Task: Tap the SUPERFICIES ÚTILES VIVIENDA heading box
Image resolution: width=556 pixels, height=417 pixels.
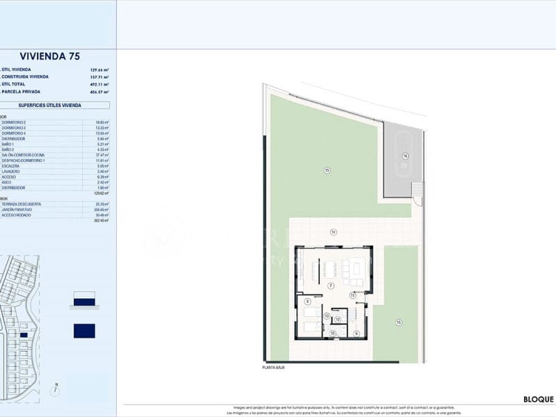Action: point(50,106)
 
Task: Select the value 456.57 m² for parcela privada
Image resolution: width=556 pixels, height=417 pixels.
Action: point(99,92)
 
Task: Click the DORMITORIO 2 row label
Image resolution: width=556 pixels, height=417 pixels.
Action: point(14,122)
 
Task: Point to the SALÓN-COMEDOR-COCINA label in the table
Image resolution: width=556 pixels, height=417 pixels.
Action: point(24,155)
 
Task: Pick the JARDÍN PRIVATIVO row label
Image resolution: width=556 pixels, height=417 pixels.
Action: point(17,209)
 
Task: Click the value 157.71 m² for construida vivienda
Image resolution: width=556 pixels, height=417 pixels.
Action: point(99,77)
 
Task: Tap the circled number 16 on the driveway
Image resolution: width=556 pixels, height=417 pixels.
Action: point(404,156)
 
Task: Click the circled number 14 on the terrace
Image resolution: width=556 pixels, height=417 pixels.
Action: point(334,232)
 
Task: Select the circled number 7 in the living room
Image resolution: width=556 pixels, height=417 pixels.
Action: point(332,286)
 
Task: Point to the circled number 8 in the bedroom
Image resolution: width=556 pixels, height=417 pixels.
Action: point(307,301)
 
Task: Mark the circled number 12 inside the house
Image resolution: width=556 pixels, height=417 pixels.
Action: point(337,320)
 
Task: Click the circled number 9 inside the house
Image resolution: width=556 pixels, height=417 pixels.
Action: point(356,334)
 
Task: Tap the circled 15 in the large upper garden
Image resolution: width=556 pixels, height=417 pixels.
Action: point(326,170)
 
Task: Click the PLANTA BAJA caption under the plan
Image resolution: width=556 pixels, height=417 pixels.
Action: point(273,367)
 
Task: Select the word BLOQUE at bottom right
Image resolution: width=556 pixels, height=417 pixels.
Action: point(539,400)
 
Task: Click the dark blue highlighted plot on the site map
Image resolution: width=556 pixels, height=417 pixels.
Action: point(24,335)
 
